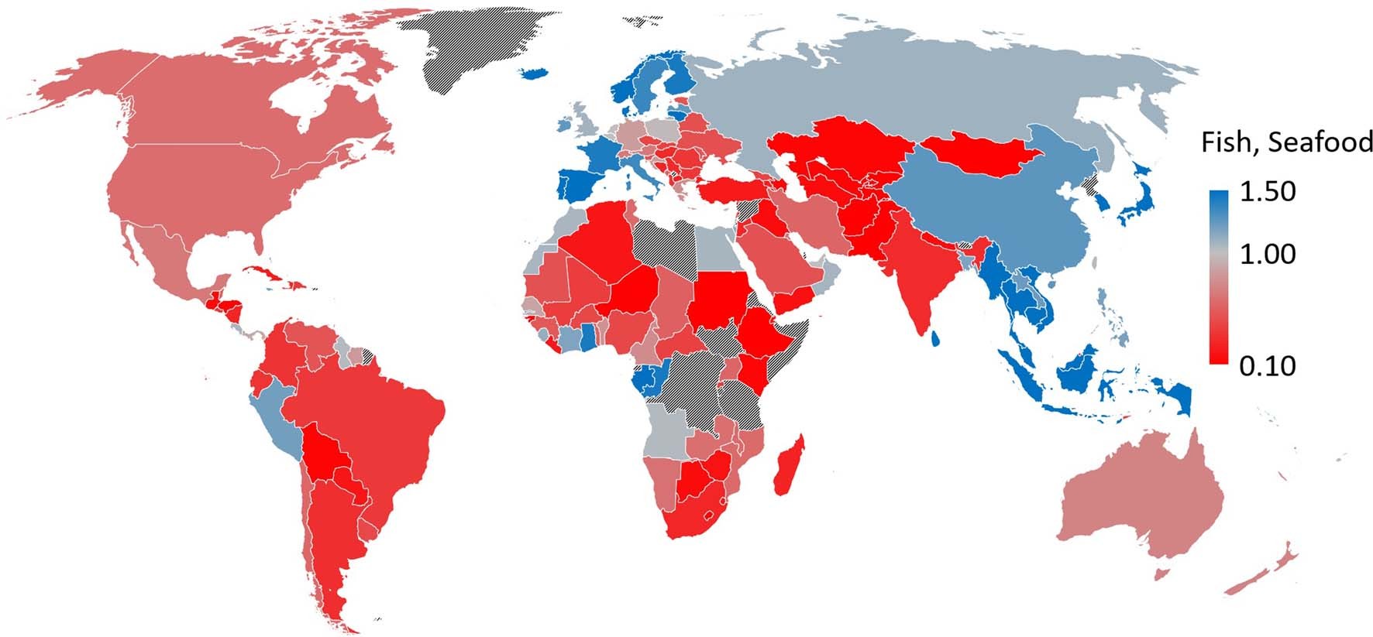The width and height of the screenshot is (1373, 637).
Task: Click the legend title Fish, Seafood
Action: tap(1286, 142)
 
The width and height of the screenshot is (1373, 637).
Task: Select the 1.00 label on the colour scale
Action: tap(1267, 254)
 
